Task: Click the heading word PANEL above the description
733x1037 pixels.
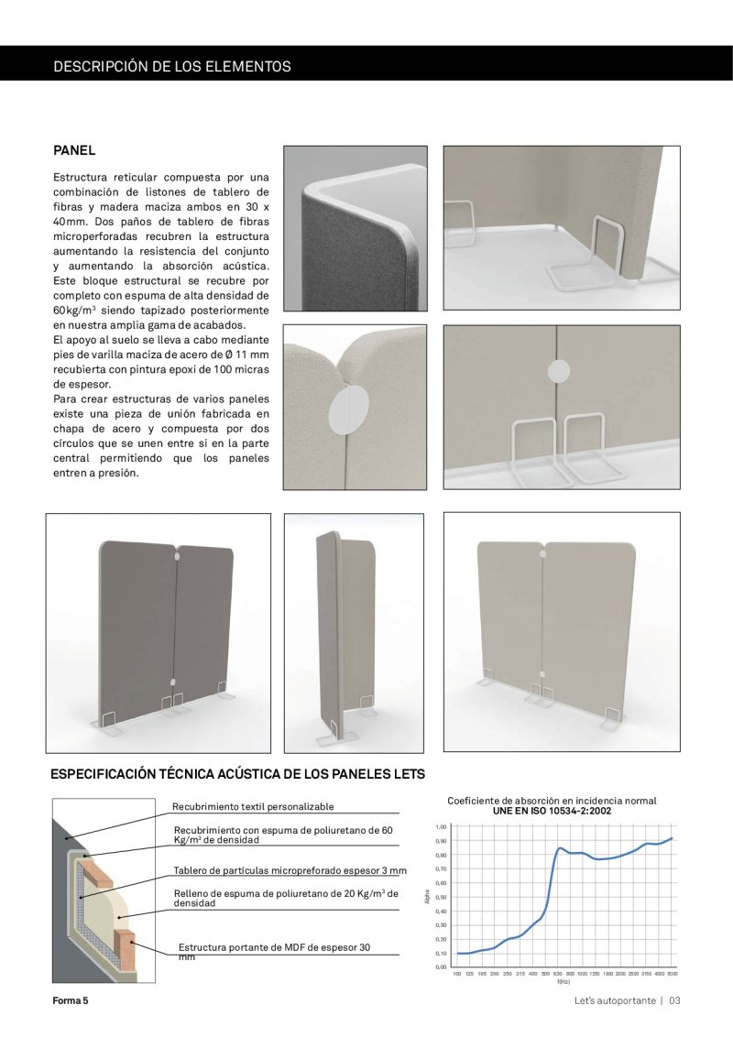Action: (x=74, y=150)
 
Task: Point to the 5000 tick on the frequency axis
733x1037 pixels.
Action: (x=672, y=974)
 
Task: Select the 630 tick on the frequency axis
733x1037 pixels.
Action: (x=557, y=974)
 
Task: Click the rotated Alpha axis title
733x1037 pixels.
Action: (x=427, y=897)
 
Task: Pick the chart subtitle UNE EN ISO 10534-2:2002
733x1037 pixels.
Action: (x=552, y=811)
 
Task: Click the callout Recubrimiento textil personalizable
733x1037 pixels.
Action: (x=253, y=807)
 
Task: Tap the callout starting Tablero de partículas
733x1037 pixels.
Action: (x=290, y=870)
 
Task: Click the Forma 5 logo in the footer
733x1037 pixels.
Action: (x=71, y=1000)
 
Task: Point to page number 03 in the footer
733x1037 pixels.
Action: (x=674, y=1000)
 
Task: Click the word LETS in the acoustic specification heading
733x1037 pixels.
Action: (x=409, y=774)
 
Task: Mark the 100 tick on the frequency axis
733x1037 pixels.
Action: (x=457, y=974)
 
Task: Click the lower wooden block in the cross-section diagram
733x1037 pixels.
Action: (x=126, y=944)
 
